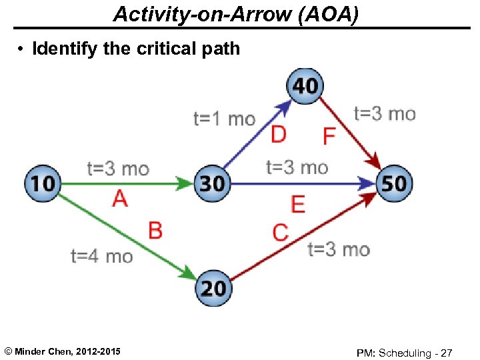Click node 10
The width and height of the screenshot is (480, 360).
click(42, 183)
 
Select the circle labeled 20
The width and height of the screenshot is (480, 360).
click(213, 289)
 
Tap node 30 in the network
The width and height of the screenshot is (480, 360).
click(212, 183)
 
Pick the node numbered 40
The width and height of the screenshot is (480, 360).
click(305, 86)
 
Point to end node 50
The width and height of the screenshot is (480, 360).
click(394, 183)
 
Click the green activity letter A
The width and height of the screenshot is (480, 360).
click(120, 198)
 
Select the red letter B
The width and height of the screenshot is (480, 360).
click(155, 231)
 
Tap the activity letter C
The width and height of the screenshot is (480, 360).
click(281, 233)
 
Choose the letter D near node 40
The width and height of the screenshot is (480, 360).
click(279, 135)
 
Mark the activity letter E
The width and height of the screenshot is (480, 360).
click(298, 204)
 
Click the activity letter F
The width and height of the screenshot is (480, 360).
click(329, 137)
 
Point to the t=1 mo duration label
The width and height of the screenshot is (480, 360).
click(224, 119)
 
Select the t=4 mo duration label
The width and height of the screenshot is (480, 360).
click(101, 256)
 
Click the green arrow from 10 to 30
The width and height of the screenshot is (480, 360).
click(127, 183)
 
